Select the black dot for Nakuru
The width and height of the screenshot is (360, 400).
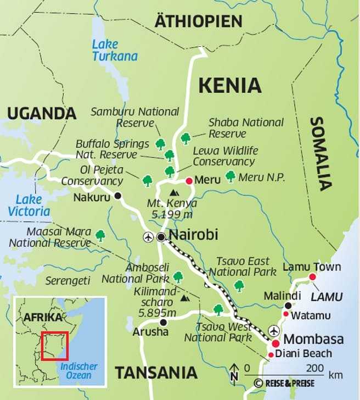(117, 196)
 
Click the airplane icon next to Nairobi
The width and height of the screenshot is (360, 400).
(148, 237)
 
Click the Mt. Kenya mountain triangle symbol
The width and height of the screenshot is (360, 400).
(175, 192)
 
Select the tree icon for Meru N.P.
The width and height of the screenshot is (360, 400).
(230, 176)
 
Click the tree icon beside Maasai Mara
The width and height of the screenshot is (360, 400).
(100, 235)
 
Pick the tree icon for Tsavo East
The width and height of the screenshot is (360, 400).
(239, 285)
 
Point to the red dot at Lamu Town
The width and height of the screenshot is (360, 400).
(313, 277)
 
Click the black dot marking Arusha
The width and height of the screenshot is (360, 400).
(162, 322)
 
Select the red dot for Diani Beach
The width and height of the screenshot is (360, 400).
(270, 355)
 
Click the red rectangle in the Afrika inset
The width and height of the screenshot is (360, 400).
(54, 346)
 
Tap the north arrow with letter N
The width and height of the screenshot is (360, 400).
(234, 372)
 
